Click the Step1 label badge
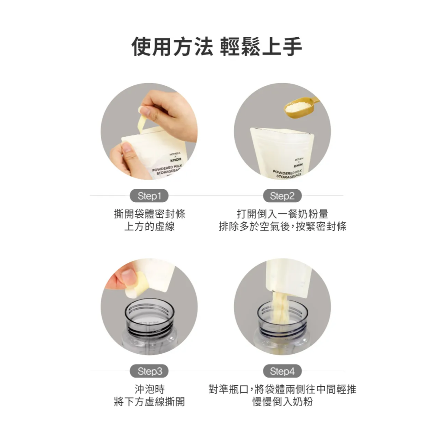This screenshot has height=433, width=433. point(149,196)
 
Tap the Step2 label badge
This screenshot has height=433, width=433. point(282,196)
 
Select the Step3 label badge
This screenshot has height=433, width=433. point(149,371)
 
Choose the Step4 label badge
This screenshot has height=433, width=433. point(282,371)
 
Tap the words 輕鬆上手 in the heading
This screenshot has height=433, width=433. point(261,46)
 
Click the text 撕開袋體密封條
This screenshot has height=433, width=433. point(149,214)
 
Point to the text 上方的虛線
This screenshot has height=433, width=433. point(149,226)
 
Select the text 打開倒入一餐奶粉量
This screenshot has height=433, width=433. point(282,214)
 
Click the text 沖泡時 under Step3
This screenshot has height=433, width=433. point(149,389)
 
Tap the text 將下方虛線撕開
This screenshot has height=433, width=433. point(149,402)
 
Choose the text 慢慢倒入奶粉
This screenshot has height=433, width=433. point(282,402)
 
